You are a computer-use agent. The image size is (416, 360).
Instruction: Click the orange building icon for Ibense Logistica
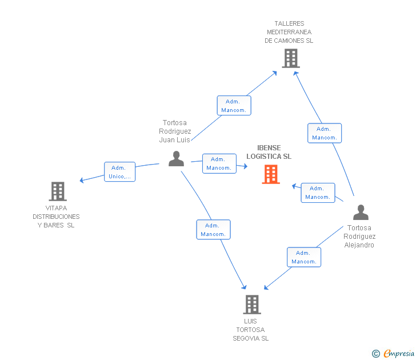[271, 174]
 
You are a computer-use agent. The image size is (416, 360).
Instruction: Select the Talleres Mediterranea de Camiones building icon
[290, 58]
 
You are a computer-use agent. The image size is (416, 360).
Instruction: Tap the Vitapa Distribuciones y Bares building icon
[57, 191]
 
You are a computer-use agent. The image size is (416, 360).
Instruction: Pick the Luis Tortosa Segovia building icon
[251, 304]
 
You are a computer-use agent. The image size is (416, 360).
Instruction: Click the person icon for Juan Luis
[176, 158]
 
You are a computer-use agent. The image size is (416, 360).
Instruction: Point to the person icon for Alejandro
[361, 212]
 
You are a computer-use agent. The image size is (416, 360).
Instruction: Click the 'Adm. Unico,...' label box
[119, 172]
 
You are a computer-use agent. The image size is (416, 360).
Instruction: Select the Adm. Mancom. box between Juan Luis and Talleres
[234, 106]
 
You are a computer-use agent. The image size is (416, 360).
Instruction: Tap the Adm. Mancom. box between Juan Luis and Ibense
[219, 163]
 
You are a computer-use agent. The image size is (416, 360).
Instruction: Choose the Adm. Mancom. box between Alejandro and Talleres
[325, 133]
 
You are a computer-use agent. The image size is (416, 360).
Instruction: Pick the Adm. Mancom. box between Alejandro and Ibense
[318, 193]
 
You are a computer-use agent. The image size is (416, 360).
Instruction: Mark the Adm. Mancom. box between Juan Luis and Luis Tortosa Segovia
[213, 230]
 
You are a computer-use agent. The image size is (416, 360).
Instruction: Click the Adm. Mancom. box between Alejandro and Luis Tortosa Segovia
[304, 257]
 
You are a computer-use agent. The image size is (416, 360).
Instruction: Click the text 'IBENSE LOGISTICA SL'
[269, 152]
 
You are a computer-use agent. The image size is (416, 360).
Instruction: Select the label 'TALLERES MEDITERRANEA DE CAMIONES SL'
[289, 32]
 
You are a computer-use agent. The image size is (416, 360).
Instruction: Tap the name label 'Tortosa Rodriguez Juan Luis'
[175, 131]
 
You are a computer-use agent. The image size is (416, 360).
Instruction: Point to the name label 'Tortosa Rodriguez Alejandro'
[359, 236]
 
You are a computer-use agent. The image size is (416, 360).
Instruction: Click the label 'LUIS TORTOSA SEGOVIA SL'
[250, 330]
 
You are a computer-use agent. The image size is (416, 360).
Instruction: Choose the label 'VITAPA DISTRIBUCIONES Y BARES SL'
[56, 217]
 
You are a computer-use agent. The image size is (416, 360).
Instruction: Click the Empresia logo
[394, 353]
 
